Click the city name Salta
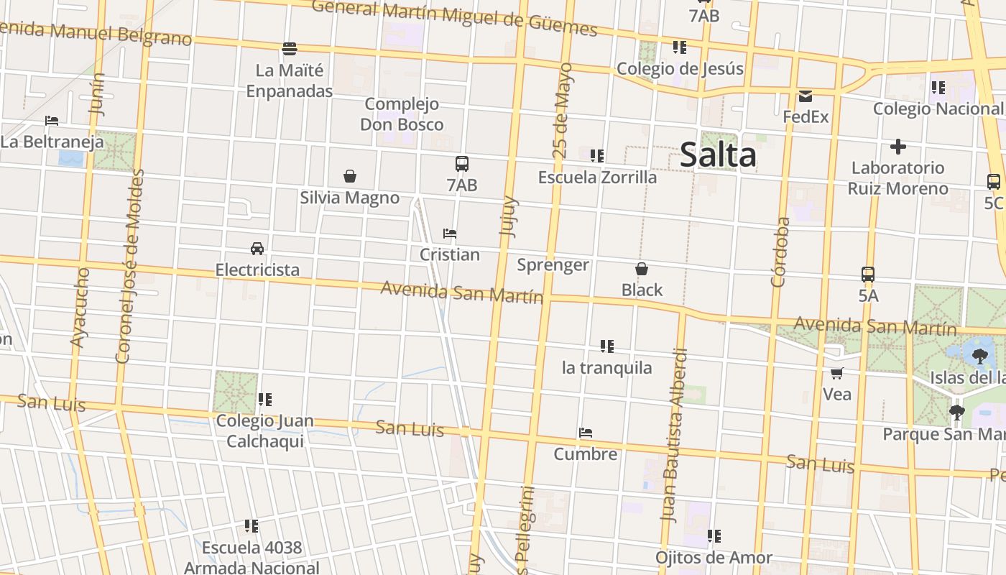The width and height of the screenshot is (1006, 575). [718, 155]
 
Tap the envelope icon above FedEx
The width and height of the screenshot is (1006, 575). [805, 96]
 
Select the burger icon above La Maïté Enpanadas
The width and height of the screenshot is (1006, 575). [290, 49]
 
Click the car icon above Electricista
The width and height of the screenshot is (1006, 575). [257, 249]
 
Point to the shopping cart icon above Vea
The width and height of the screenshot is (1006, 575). [836, 373]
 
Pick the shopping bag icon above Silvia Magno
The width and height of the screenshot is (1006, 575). [350, 176]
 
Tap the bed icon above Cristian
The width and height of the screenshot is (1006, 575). [450, 234]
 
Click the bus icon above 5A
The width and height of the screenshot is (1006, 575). [868, 274]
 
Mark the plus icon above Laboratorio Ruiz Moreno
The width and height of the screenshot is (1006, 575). [897, 147]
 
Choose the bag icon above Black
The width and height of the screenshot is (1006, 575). [642, 269]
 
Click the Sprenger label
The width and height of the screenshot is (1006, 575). [553, 265]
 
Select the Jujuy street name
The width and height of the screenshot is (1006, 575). [508, 216]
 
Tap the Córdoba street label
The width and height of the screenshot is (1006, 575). [780, 252]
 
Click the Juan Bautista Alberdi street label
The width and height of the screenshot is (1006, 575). [675, 435]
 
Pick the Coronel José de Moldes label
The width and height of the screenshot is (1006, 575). [130, 266]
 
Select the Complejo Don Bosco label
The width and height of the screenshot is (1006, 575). [402, 114]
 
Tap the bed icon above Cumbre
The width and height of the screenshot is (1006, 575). [586, 433]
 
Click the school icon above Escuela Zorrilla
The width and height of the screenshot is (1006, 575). [596, 155]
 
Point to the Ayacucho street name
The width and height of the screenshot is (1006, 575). [80, 308]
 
